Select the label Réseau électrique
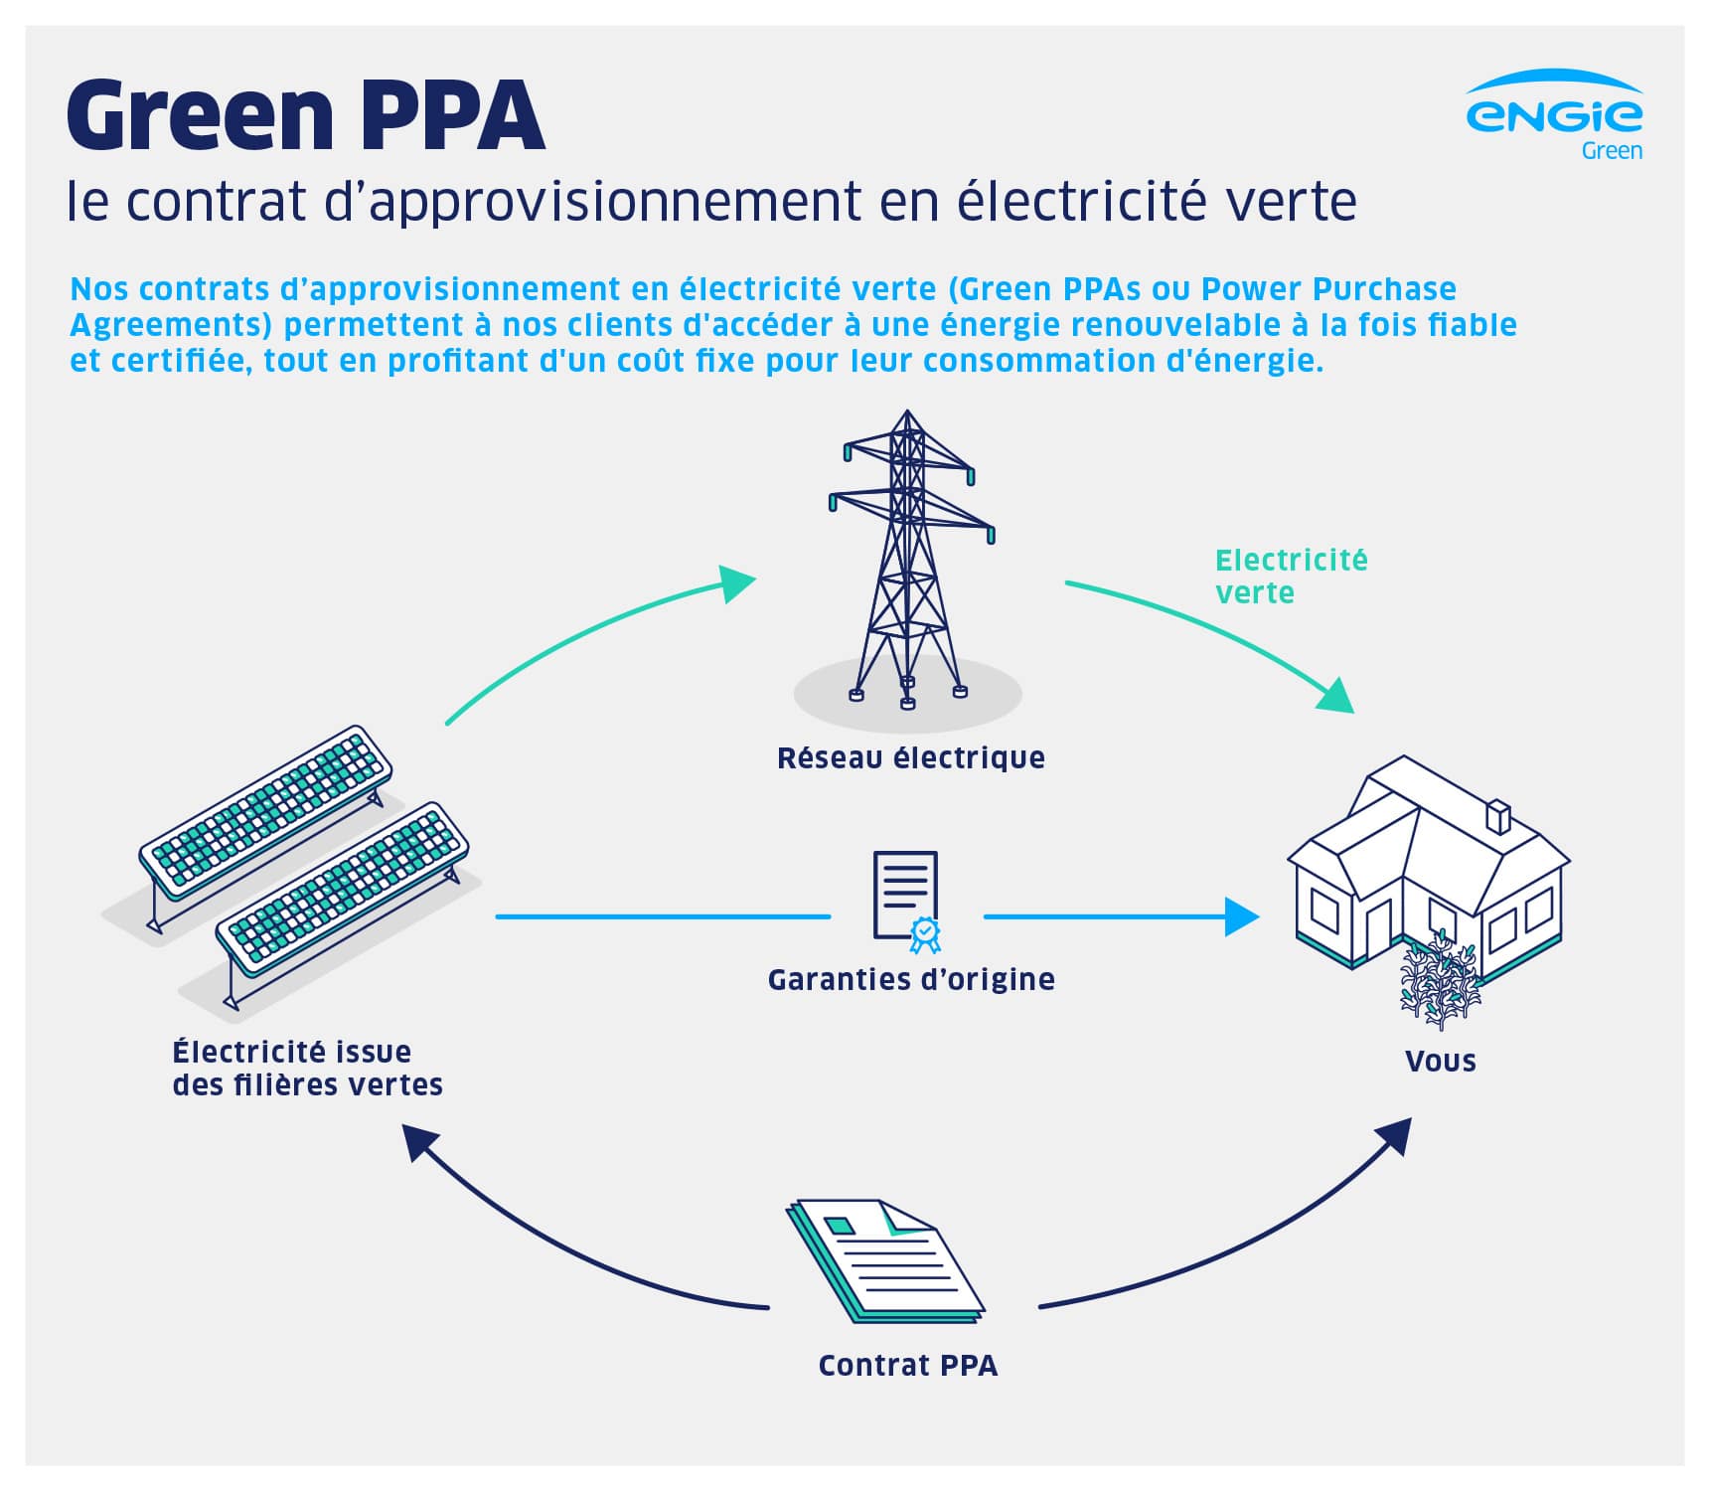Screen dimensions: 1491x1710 (910, 758)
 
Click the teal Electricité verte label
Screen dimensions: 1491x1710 (1290, 577)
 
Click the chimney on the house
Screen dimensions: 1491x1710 (1496, 817)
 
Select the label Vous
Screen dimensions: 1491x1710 (1440, 1062)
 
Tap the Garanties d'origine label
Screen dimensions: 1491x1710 (910, 980)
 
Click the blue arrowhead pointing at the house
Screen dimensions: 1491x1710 (1241, 916)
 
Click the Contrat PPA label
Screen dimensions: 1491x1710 (907, 1366)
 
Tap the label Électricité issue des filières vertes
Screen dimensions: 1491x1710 (307, 1069)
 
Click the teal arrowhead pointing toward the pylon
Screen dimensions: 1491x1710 (736, 583)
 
